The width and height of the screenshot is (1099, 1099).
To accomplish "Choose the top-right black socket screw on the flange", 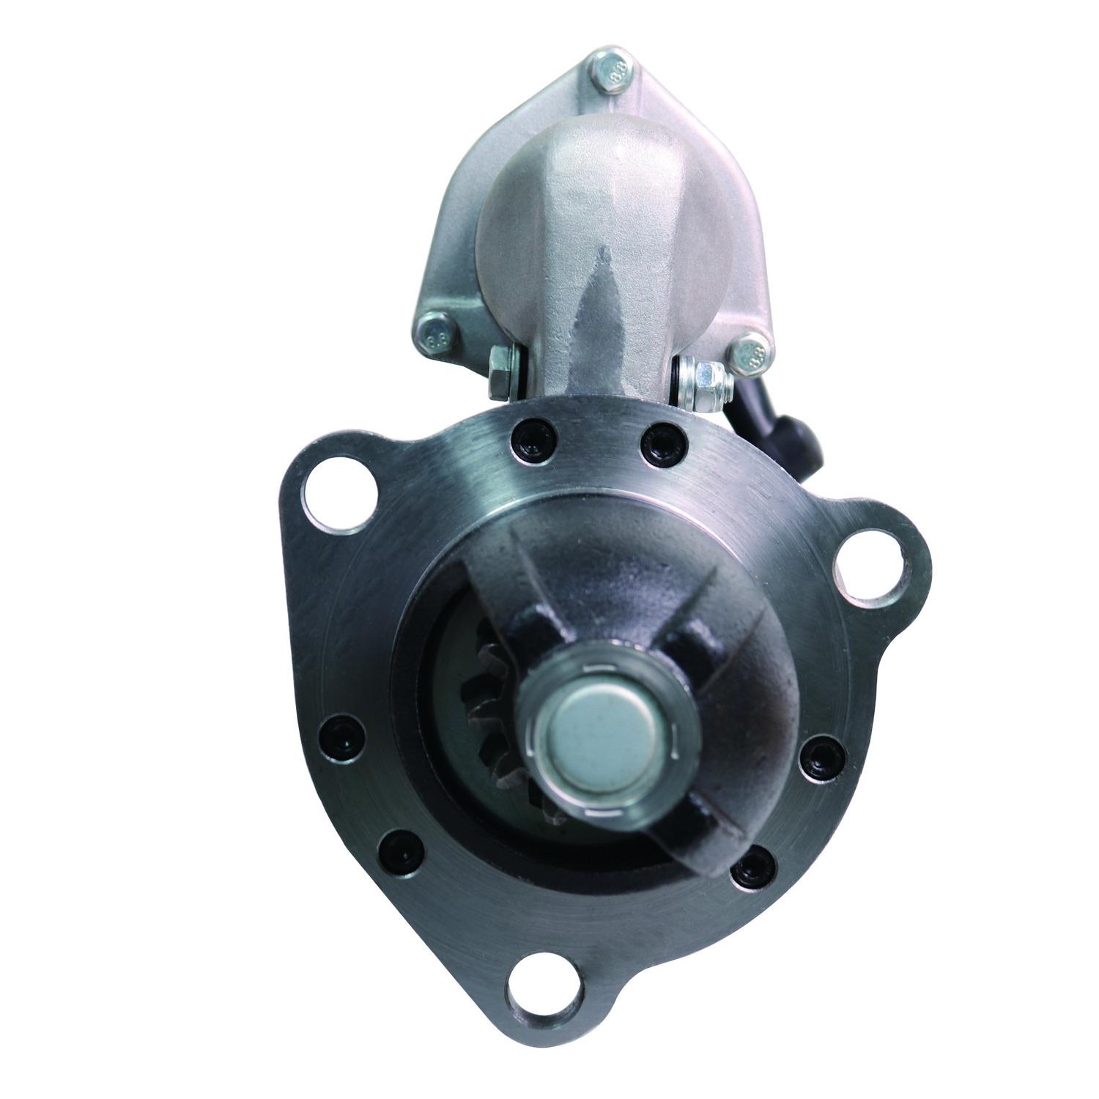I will coord(664,441).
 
